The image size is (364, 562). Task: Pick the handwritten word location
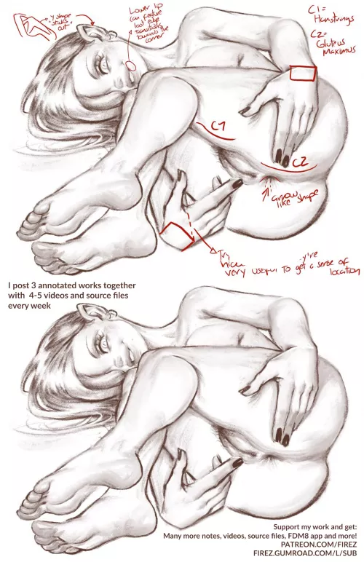(x=336, y=272)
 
